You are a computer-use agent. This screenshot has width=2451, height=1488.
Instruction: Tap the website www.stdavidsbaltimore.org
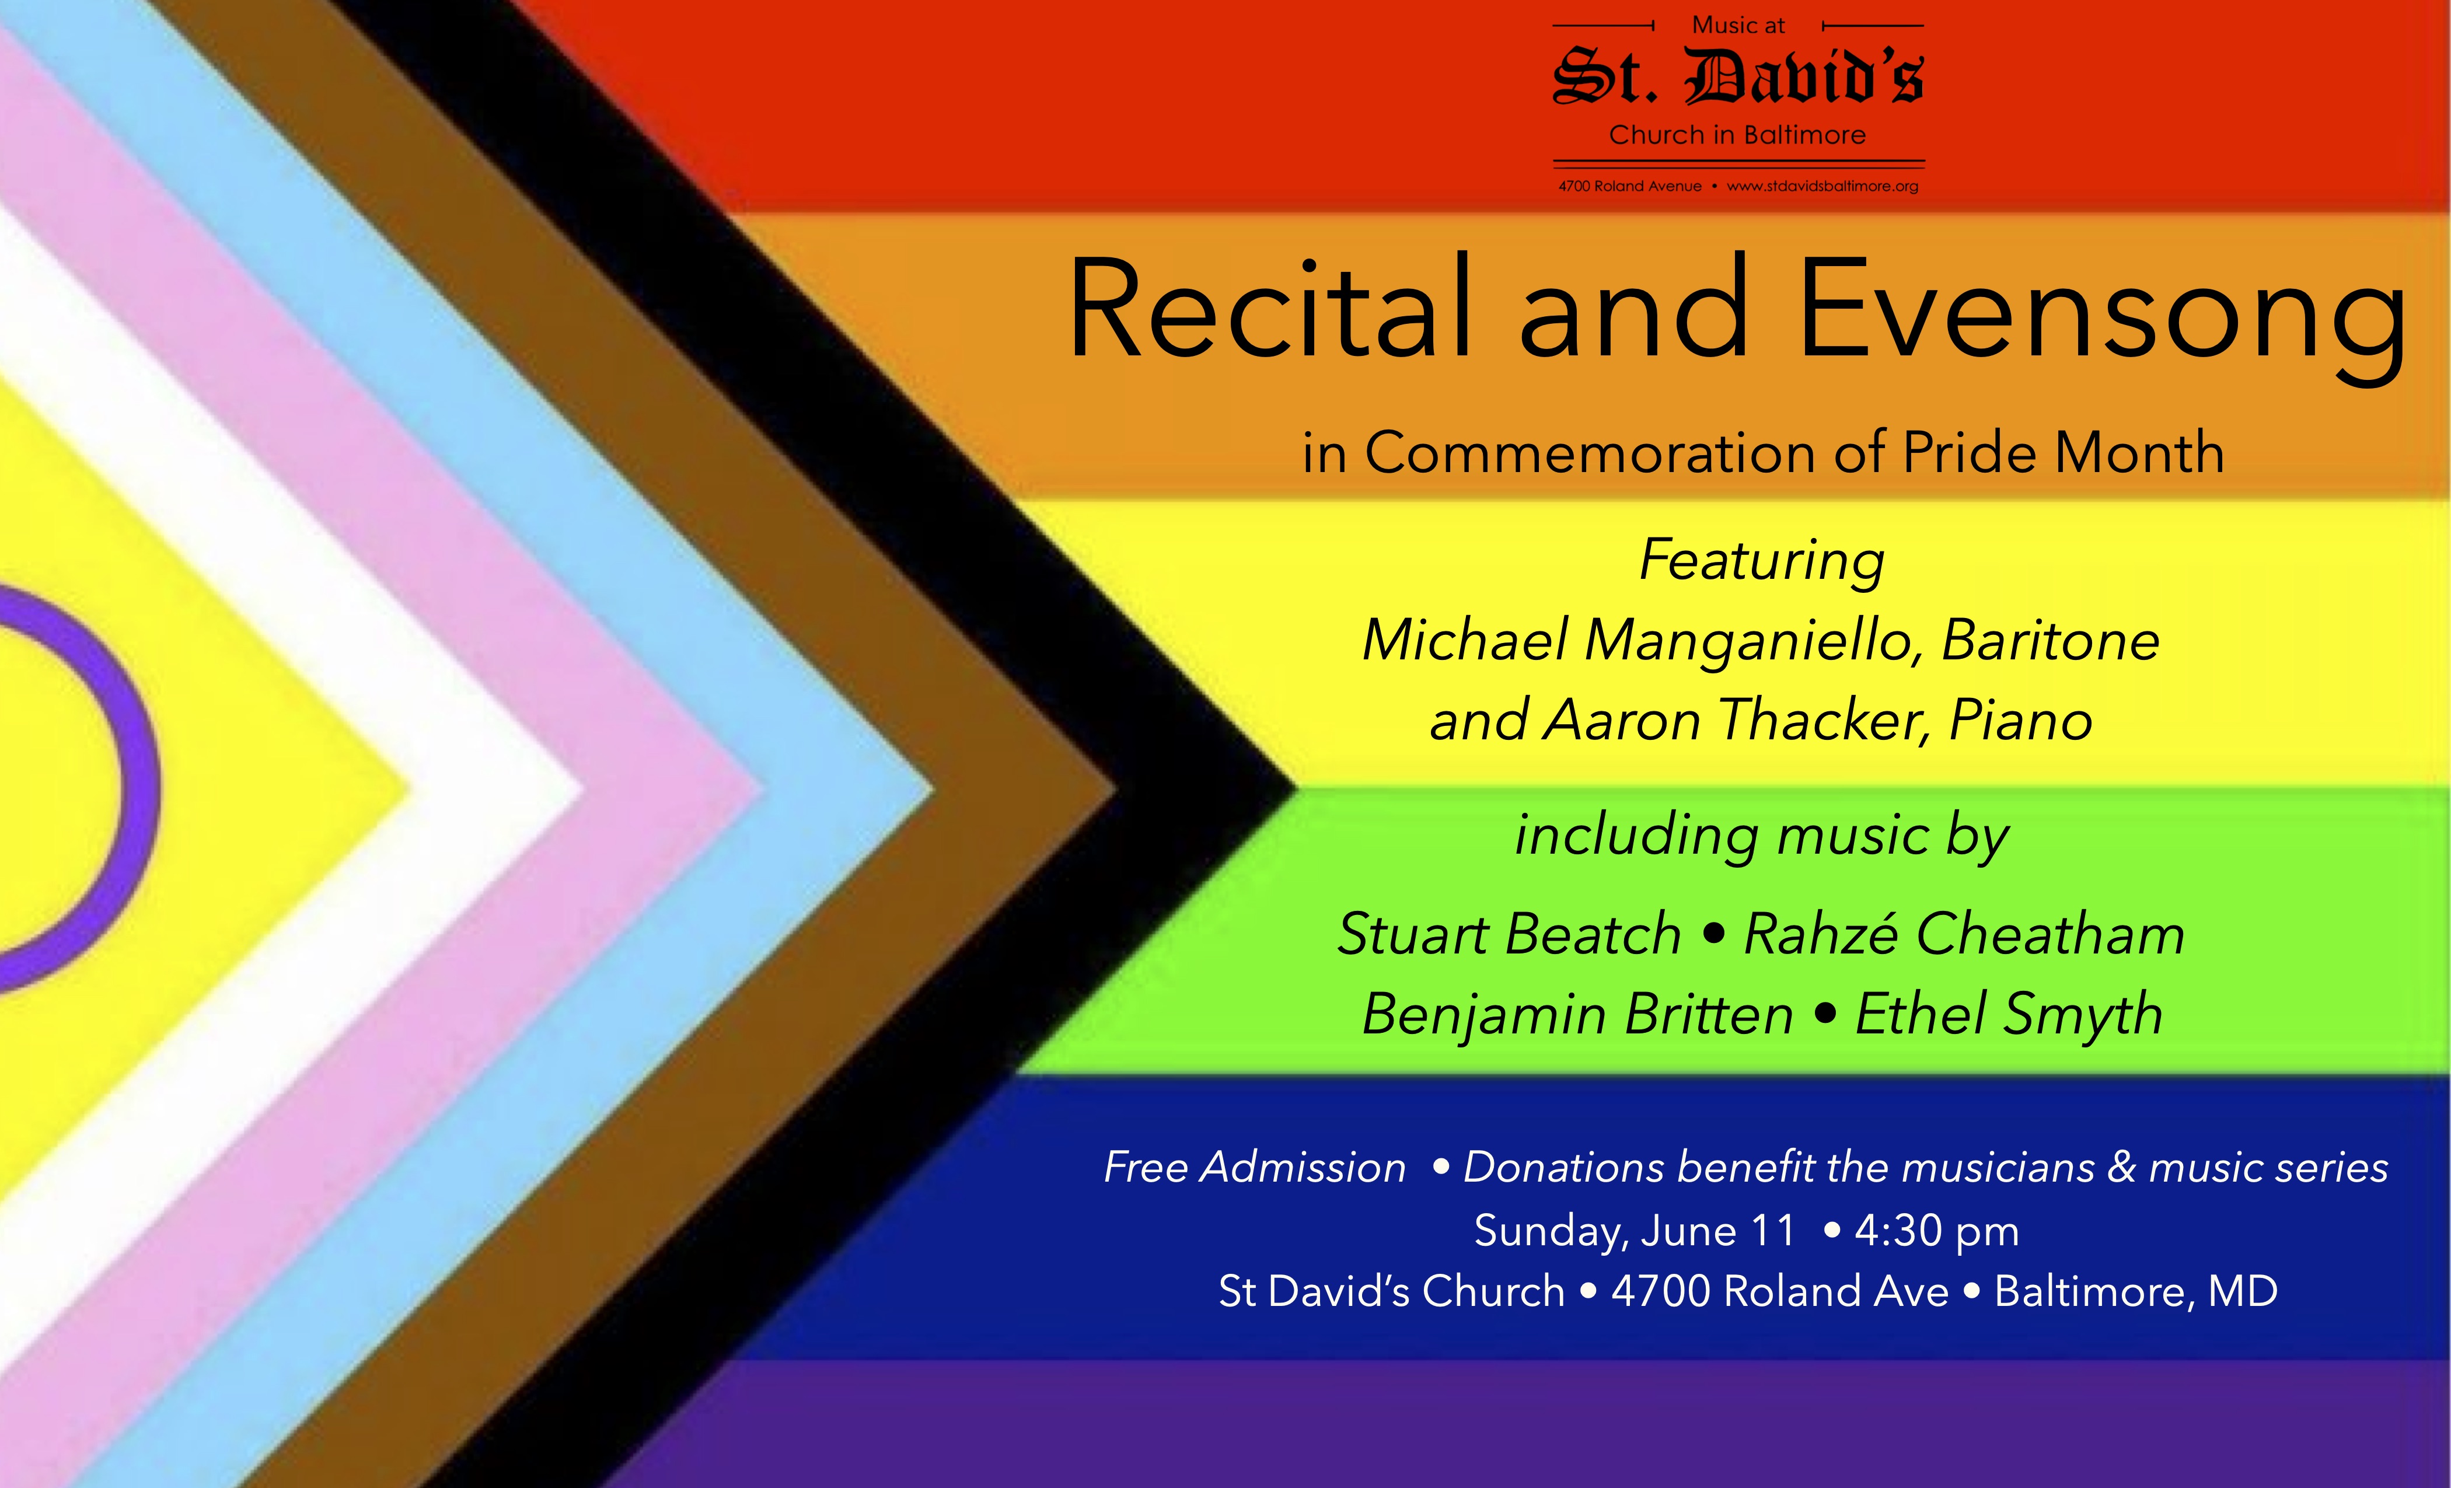(x=1822, y=186)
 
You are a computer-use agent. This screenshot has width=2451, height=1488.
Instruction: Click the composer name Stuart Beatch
(x=1509, y=935)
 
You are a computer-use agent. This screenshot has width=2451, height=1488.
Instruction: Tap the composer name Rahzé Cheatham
(x=1964, y=935)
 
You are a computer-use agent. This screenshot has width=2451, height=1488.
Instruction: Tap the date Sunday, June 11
(x=1635, y=1231)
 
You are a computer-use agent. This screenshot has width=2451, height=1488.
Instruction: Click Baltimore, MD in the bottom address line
(x=2136, y=1291)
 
